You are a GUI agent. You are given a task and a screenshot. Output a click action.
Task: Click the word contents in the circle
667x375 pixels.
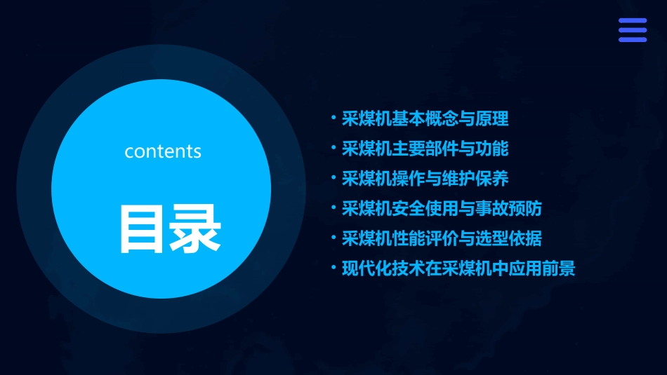tap(163, 151)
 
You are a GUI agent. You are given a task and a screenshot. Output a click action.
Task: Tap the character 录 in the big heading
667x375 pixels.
tap(195, 229)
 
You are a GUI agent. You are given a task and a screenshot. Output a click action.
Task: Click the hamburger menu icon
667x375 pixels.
tap(632, 30)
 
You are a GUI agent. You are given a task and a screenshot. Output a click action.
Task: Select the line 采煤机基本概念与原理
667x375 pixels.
tap(425, 118)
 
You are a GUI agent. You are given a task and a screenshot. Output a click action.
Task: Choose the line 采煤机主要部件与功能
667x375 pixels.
tap(425, 149)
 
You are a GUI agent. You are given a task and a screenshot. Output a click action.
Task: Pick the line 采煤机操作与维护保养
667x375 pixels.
tap(425, 179)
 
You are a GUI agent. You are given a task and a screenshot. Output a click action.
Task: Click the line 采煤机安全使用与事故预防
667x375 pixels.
tap(442, 209)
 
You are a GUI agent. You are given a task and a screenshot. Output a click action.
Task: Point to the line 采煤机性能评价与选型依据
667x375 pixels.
tap(442, 239)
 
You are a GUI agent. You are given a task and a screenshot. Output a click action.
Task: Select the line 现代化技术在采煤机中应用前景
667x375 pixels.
tap(458, 269)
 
